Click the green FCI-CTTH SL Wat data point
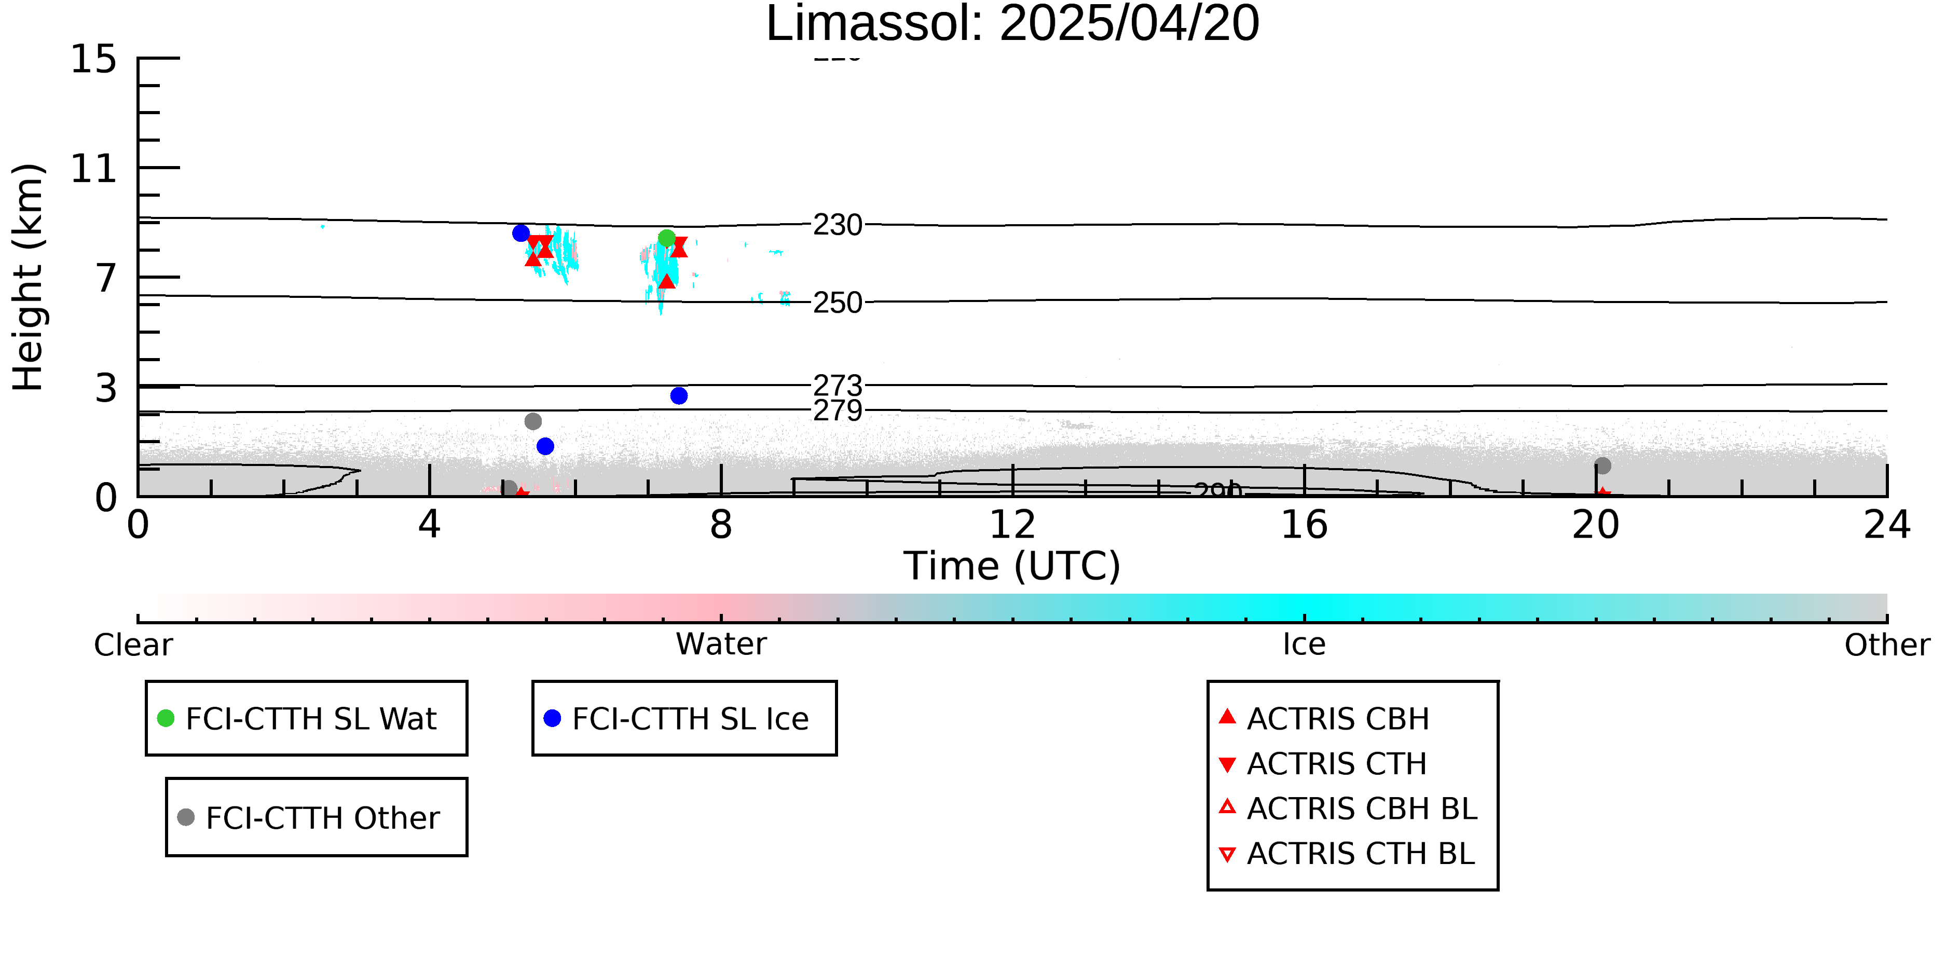coord(666,239)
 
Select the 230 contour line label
coord(837,225)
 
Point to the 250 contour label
coord(837,303)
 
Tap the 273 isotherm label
coord(837,385)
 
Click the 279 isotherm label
coord(837,411)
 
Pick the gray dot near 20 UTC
coord(1602,465)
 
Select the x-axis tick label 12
coord(1012,525)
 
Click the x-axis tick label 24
coord(1886,525)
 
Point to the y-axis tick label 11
coord(94,169)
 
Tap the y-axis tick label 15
coord(94,59)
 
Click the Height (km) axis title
coord(29,277)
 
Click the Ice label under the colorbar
coord(1304,645)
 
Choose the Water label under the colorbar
coord(721,645)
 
